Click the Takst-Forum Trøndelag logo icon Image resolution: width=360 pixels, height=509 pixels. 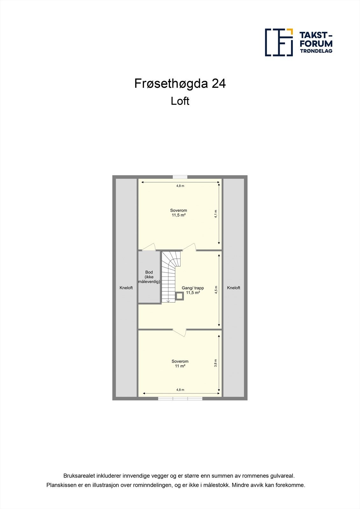[279, 42]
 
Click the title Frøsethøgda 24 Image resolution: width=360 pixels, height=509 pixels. [180, 84]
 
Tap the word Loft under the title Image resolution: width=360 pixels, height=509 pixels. [180, 101]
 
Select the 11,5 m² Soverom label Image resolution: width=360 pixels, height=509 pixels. [179, 213]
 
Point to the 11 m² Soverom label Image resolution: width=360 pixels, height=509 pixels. [180, 364]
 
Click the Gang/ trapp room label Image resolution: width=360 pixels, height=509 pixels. [193, 290]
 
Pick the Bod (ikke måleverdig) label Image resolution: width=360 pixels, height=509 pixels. [149, 277]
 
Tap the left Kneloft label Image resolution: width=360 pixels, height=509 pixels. [126, 288]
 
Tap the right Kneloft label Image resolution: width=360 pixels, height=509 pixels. [234, 288]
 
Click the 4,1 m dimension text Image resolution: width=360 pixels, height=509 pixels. [216, 213]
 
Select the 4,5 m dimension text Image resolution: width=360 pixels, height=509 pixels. [216, 290]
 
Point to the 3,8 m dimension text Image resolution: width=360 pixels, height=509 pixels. [216, 363]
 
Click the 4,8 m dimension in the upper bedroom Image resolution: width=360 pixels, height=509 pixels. [180, 186]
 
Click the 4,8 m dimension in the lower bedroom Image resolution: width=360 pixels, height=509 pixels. [180, 390]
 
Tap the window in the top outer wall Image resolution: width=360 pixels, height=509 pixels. [180, 177]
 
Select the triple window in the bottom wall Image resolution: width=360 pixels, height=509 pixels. [180, 398]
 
